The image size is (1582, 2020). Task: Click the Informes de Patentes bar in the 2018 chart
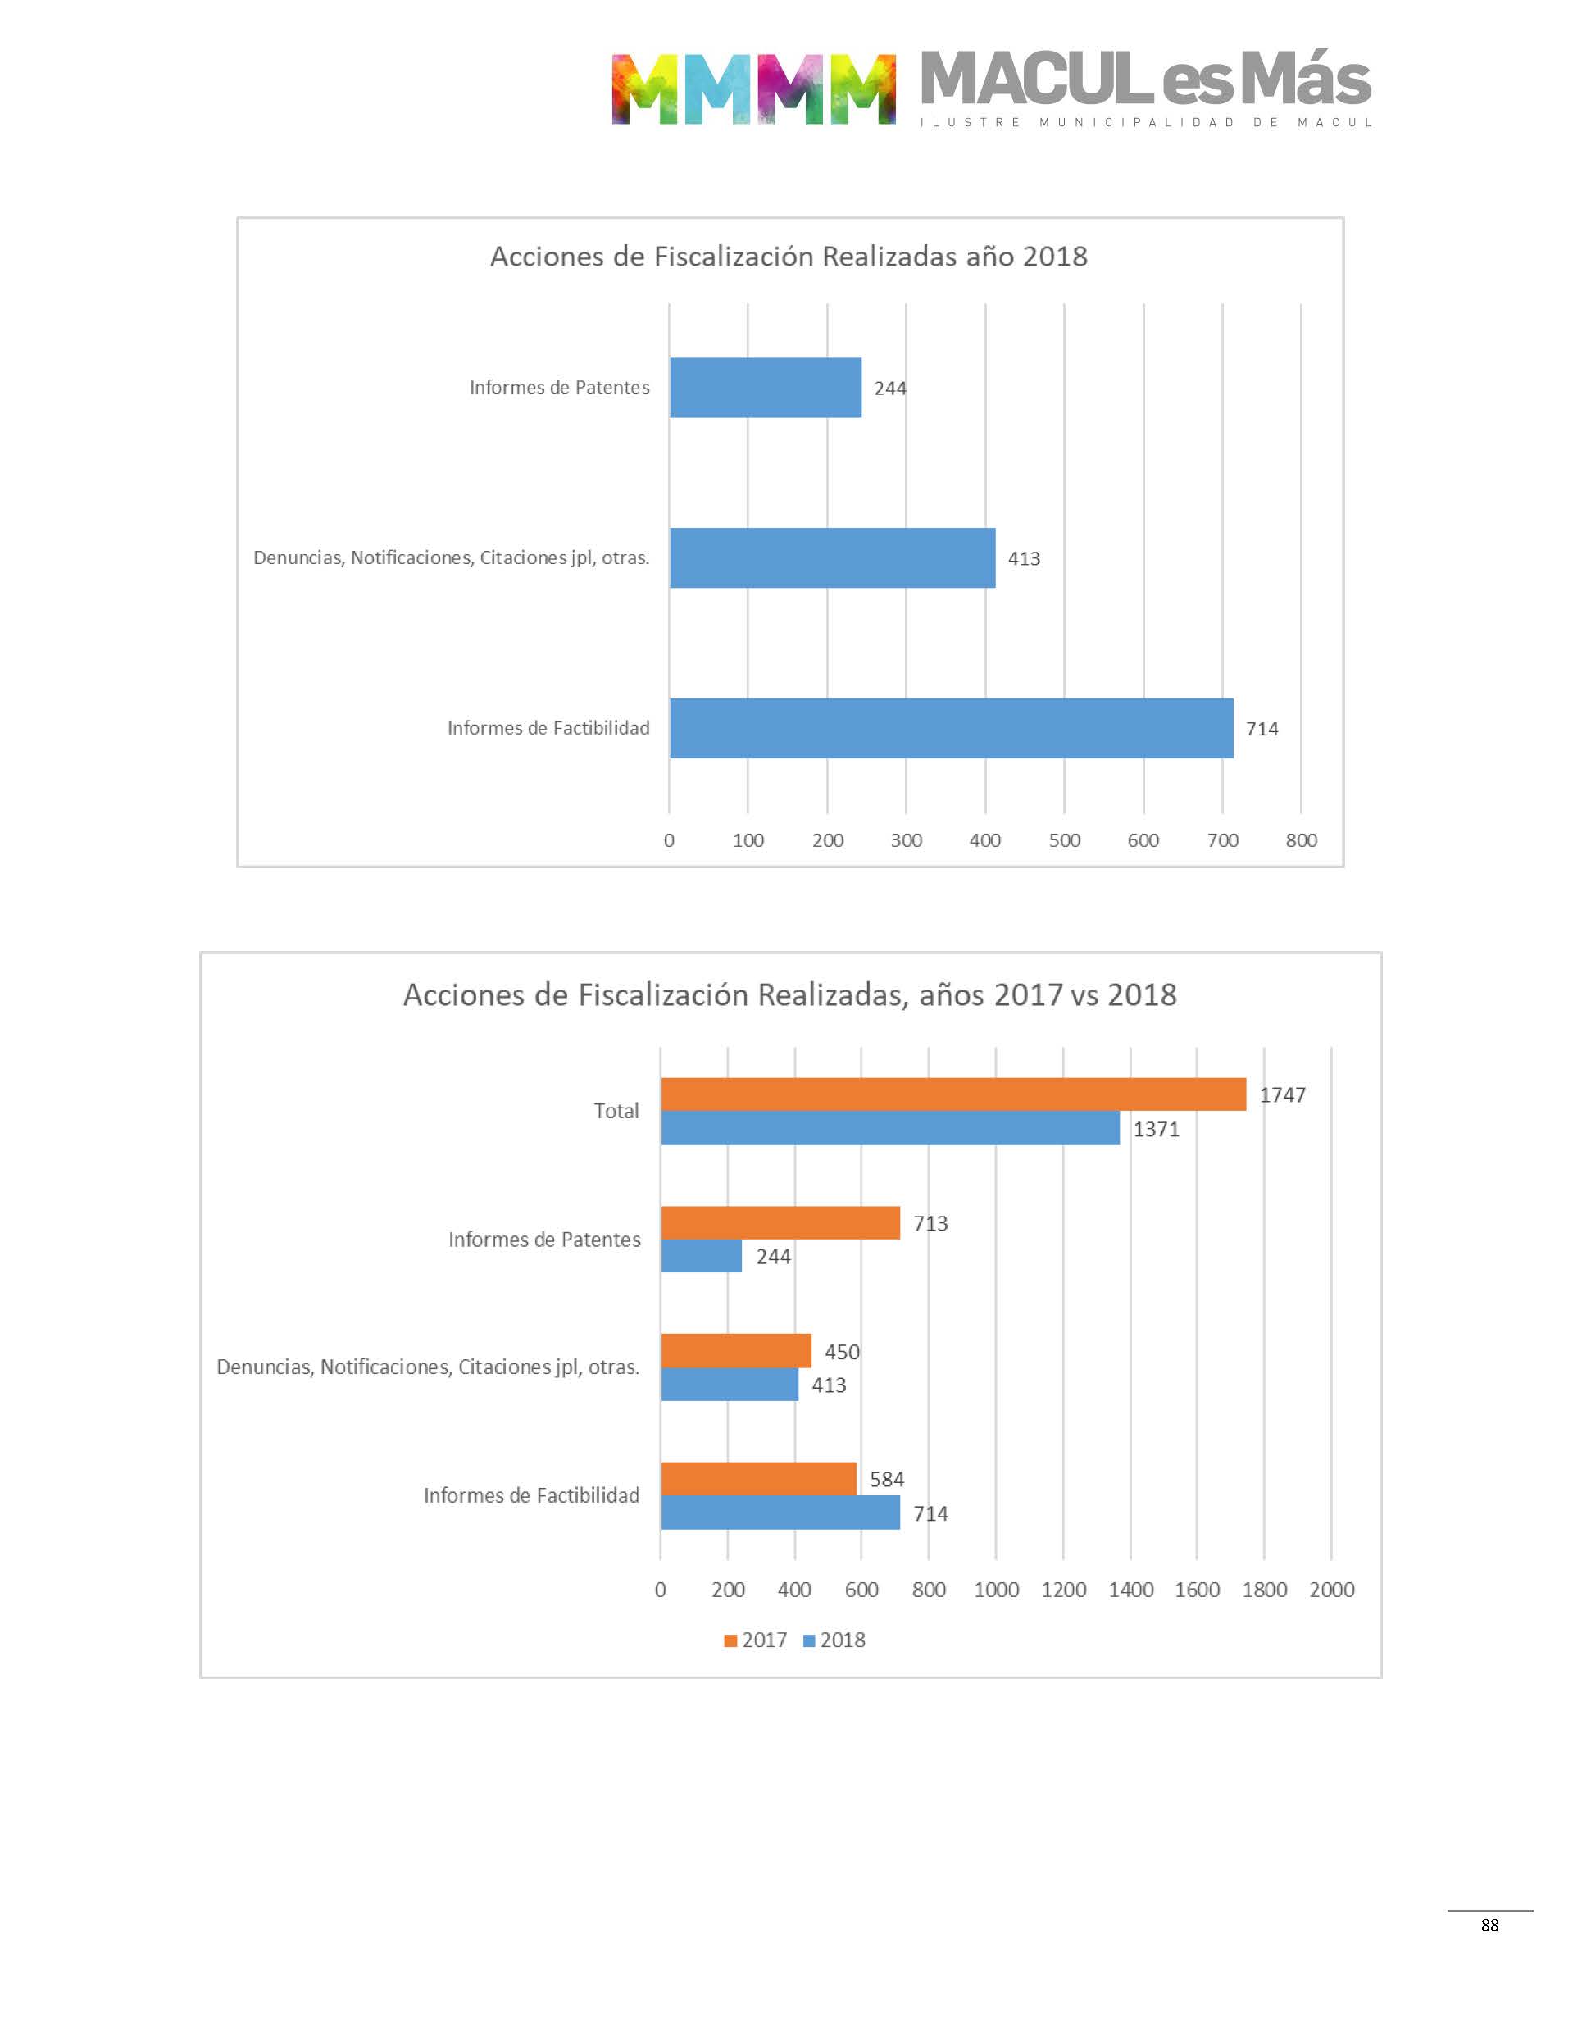(x=765, y=387)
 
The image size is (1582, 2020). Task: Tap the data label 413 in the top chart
(x=1024, y=558)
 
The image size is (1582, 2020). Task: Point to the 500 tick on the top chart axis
(x=1064, y=840)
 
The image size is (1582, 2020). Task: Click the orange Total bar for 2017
(x=953, y=1094)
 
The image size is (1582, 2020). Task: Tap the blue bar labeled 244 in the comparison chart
(x=701, y=1256)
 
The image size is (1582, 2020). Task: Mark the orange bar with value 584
(x=757, y=1478)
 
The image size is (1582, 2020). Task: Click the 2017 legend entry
(x=756, y=1640)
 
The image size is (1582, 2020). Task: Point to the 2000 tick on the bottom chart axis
(x=1331, y=1590)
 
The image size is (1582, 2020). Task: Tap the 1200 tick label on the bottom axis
(x=1063, y=1590)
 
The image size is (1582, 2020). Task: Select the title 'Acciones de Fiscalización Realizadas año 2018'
(x=789, y=257)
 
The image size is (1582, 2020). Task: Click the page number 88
(x=1489, y=1925)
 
